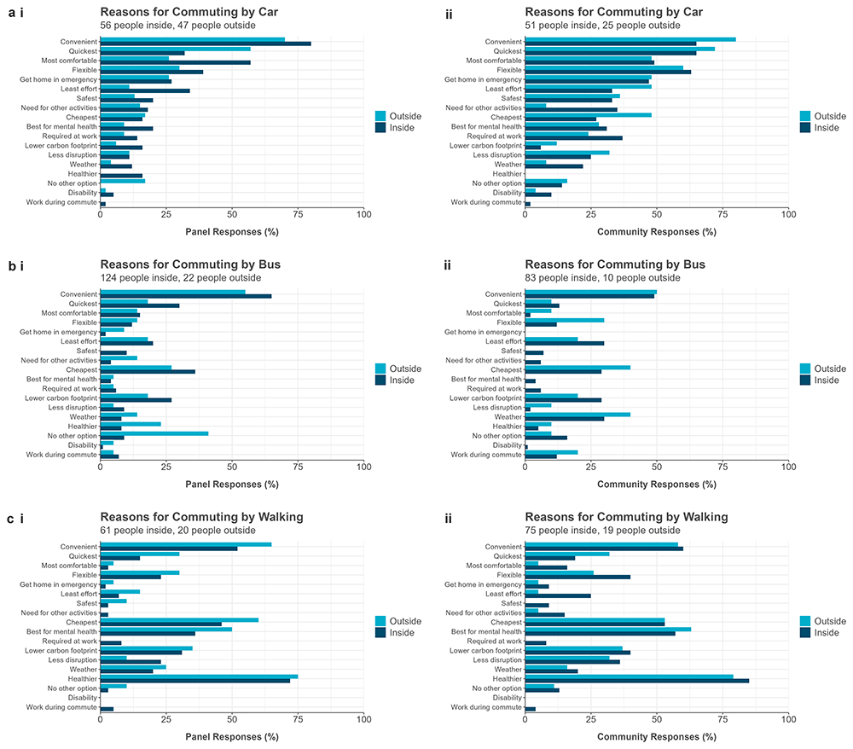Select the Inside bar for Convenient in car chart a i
206,43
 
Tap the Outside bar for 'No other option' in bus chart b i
154,433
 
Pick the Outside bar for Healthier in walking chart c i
199,676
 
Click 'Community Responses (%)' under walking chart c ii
656,735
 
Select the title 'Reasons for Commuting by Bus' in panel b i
190,264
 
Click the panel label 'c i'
15,517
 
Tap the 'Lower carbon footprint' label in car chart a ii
485,146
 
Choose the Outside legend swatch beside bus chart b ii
806,369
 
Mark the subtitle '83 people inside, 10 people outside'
603,278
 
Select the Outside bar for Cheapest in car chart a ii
589,114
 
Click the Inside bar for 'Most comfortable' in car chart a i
176,62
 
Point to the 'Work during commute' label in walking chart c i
60,707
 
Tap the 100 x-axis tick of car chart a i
363,215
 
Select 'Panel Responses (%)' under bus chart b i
231,484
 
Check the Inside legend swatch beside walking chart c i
381,633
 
